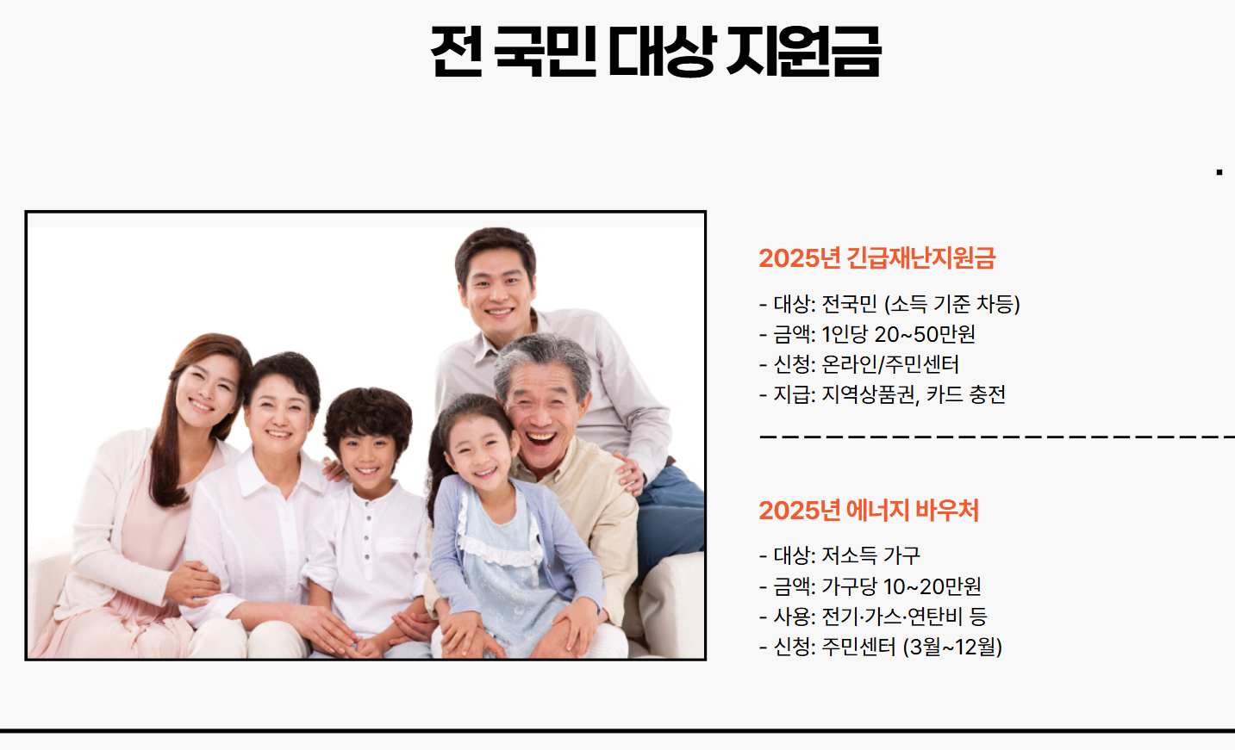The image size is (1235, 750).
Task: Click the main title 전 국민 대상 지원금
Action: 655,51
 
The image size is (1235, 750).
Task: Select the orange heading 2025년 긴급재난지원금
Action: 876,257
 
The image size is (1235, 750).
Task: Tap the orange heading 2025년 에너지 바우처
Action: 868,510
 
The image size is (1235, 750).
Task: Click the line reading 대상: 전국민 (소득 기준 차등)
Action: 889,304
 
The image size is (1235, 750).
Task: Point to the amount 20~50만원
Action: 925,334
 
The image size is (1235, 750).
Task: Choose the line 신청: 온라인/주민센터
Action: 858,364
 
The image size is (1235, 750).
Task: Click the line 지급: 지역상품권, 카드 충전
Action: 882,394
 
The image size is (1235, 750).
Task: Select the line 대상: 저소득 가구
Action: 839,555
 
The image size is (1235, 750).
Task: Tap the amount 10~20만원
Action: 932,586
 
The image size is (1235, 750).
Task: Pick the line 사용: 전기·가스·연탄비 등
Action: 872,617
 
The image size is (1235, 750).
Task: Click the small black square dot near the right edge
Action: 1219,172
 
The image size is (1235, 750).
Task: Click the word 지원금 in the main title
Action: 802,51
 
